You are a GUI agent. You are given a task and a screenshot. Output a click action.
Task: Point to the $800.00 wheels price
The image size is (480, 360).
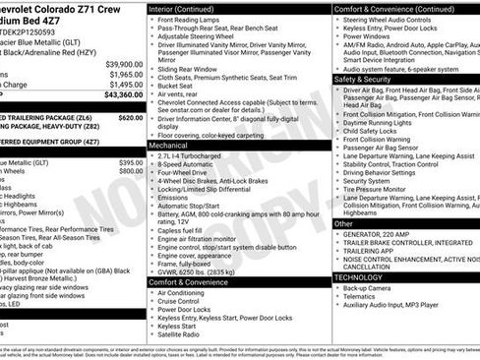(131, 171)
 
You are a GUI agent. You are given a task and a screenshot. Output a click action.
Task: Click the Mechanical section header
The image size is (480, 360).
(168, 144)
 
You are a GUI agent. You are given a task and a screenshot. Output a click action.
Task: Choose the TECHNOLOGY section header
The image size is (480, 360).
(359, 277)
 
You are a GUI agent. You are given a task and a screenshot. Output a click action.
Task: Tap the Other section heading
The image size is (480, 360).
(343, 223)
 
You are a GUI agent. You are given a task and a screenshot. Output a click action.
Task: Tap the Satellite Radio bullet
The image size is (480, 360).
(184, 333)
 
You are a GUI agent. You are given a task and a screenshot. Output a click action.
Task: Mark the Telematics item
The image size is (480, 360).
(365, 299)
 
